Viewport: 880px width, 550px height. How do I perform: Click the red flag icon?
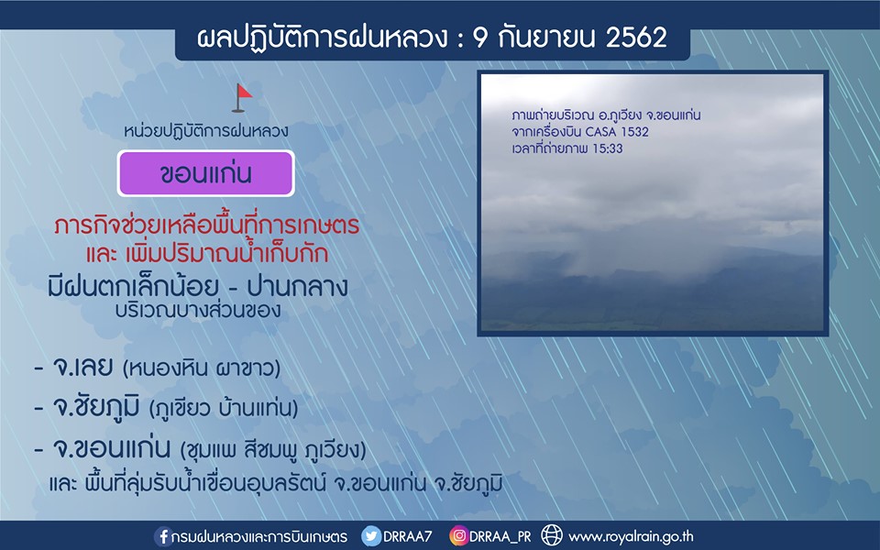pos(242,97)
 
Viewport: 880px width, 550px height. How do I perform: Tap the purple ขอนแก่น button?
pos(206,173)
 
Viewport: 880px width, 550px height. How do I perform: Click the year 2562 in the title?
pos(636,38)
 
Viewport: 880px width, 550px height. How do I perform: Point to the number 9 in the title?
pos(479,38)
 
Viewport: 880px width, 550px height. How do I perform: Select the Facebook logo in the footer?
pos(163,536)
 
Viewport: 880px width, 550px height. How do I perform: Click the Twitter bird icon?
pos(371,536)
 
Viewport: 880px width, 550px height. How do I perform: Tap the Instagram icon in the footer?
pos(458,536)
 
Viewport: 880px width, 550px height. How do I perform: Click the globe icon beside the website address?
pos(552,535)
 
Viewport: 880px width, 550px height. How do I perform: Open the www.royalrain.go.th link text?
pos(631,537)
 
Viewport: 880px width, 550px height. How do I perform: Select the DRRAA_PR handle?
pos(500,536)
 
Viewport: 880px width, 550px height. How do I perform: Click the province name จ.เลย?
pos(82,367)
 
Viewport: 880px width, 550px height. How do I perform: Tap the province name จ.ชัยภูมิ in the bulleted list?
pos(95,408)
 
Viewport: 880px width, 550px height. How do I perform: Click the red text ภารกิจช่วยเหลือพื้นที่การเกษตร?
pos(206,225)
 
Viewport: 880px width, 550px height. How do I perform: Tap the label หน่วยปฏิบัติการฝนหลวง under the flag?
pos(206,131)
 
